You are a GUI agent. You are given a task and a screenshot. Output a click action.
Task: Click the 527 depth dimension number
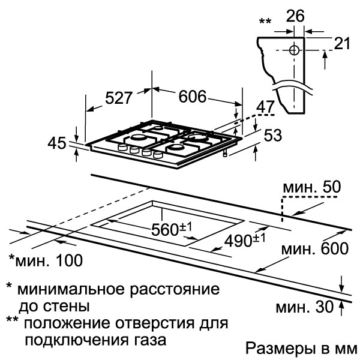(x=119, y=98)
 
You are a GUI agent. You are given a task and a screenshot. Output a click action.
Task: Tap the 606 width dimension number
(x=193, y=97)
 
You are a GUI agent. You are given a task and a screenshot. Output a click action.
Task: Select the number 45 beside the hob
(x=57, y=143)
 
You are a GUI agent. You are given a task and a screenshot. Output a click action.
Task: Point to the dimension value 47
(x=265, y=107)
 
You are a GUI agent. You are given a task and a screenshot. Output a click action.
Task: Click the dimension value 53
(x=273, y=135)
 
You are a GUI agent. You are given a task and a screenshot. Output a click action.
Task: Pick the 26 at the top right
(x=295, y=16)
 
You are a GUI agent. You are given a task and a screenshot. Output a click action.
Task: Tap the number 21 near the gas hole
(x=342, y=43)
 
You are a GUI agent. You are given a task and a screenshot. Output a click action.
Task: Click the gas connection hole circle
(x=294, y=50)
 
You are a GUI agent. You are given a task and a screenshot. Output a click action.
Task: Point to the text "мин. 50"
(x=312, y=187)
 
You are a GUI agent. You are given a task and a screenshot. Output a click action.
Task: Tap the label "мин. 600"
(x=315, y=248)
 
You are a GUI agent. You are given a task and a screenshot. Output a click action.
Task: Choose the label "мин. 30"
(x=304, y=307)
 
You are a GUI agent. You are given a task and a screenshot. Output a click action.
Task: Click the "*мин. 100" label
(x=46, y=260)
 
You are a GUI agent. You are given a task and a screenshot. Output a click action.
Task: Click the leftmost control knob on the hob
(x=122, y=148)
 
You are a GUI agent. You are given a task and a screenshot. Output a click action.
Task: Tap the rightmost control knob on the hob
(x=158, y=155)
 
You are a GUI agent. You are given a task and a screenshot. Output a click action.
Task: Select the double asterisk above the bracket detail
(x=265, y=22)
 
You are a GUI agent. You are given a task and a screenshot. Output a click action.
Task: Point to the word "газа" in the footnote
(x=149, y=340)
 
